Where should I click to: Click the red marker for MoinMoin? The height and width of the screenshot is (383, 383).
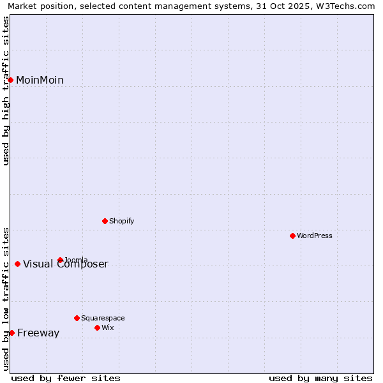[x=11, y=80]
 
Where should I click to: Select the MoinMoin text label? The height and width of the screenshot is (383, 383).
[x=40, y=80]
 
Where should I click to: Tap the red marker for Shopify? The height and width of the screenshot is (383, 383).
[x=105, y=221]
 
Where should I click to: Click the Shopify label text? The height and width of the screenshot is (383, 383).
[x=121, y=221]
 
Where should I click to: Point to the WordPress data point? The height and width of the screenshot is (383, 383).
[x=292, y=236]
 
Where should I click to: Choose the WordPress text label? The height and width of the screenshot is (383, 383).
[x=315, y=236]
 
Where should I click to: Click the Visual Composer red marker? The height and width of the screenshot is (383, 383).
[x=17, y=264]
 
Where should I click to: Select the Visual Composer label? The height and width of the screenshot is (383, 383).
[x=66, y=264]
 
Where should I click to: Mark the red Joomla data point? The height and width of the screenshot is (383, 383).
[x=60, y=260]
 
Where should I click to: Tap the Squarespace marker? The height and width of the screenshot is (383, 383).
[x=77, y=318]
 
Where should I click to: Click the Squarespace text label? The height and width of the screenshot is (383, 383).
[x=103, y=318]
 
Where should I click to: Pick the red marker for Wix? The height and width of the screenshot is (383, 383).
[x=97, y=327]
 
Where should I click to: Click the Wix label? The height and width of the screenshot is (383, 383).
[x=107, y=327]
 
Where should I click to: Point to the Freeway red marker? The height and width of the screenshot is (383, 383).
[x=11, y=333]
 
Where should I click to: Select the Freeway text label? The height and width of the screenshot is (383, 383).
[x=38, y=333]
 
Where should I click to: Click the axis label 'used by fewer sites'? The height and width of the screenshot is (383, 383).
[x=66, y=378]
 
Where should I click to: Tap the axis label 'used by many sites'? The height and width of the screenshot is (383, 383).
[x=320, y=378]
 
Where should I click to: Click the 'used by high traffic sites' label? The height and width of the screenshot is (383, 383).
[x=6, y=91]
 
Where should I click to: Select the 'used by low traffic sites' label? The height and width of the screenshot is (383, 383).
[x=6, y=298]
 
